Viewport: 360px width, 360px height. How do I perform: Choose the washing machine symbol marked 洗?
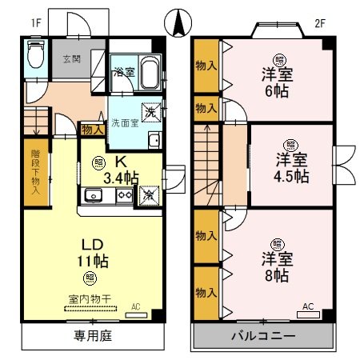click(x=148, y=112)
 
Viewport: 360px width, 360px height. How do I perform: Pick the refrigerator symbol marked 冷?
click(x=148, y=194)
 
